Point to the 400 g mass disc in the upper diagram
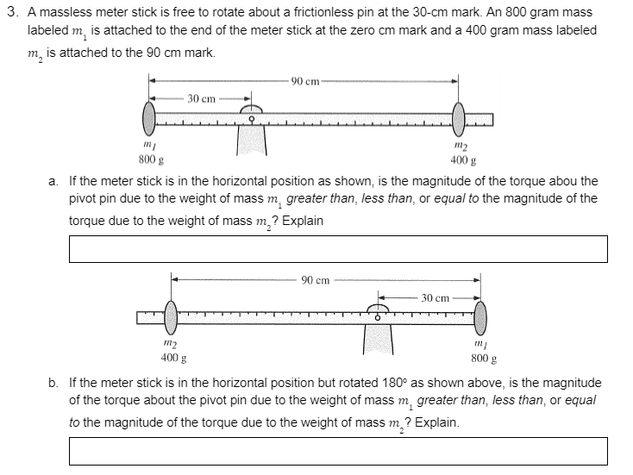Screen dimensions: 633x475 (458, 119)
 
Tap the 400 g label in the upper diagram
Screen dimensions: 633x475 (459, 160)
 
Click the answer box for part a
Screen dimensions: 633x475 (338, 248)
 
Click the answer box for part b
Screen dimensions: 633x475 (338, 451)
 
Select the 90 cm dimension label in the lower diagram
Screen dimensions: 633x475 (316, 280)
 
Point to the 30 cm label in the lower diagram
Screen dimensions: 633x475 (435, 297)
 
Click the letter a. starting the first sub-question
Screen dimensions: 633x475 (53, 182)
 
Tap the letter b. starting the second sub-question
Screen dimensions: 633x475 (53, 382)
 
